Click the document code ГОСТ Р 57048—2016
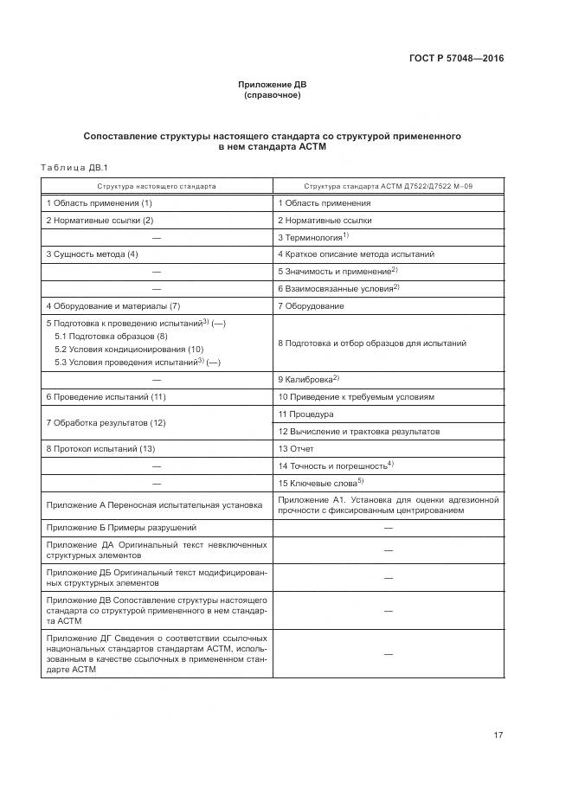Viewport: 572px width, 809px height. click(456, 59)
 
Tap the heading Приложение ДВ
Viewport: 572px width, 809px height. click(273, 85)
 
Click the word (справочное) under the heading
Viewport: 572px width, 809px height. click(273, 95)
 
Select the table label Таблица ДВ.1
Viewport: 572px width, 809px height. click(74, 167)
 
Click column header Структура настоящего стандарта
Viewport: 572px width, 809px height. click(157, 186)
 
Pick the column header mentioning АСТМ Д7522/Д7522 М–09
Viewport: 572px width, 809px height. click(388, 186)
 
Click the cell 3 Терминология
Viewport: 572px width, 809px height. click(312, 237)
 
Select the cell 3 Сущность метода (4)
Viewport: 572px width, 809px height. click(92, 254)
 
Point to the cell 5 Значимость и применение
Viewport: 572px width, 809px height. click(337, 272)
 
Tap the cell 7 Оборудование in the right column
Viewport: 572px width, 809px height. click(311, 306)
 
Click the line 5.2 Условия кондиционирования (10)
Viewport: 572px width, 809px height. click(129, 349)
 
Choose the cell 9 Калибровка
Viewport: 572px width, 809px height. click(308, 379)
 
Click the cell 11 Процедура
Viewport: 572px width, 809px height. click(305, 414)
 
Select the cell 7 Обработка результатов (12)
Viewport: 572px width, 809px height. click(106, 423)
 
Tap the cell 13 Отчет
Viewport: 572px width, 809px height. click(296, 449)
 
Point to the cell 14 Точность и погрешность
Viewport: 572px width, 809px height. click(335, 465)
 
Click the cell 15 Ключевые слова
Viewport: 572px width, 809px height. click(320, 483)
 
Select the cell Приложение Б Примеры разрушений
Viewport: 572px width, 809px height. click(121, 527)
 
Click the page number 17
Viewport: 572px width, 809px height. click(498, 735)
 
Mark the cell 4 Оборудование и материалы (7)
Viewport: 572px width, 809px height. click(112, 306)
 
